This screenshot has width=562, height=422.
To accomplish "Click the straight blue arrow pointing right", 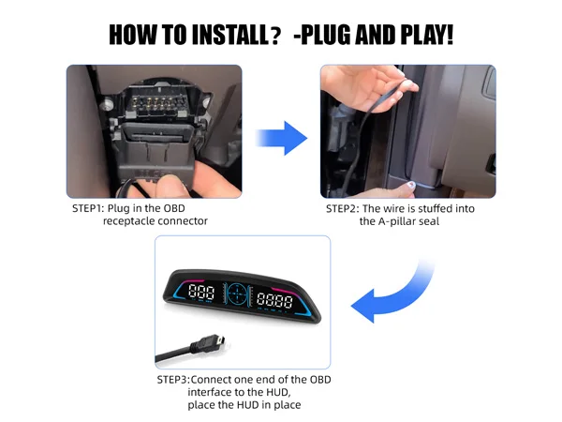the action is (x=281, y=138).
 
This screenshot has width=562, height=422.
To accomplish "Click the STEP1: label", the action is (x=88, y=208).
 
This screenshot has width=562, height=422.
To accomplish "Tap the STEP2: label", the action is (x=342, y=209).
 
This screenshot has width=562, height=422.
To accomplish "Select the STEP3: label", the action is (x=173, y=380).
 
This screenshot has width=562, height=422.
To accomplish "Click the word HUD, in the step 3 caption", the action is (x=278, y=392).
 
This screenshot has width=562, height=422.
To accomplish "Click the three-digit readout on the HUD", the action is (x=201, y=292).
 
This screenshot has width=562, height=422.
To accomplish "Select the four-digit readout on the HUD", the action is (x=274, y=300).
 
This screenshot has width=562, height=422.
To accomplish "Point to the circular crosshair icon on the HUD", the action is (x=236, y=294).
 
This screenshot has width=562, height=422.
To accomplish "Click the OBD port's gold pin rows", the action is (x=157, y=103).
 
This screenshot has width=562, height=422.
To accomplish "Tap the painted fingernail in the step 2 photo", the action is (x=411, y=185).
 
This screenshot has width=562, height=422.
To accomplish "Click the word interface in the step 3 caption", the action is (x=209, y=392).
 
